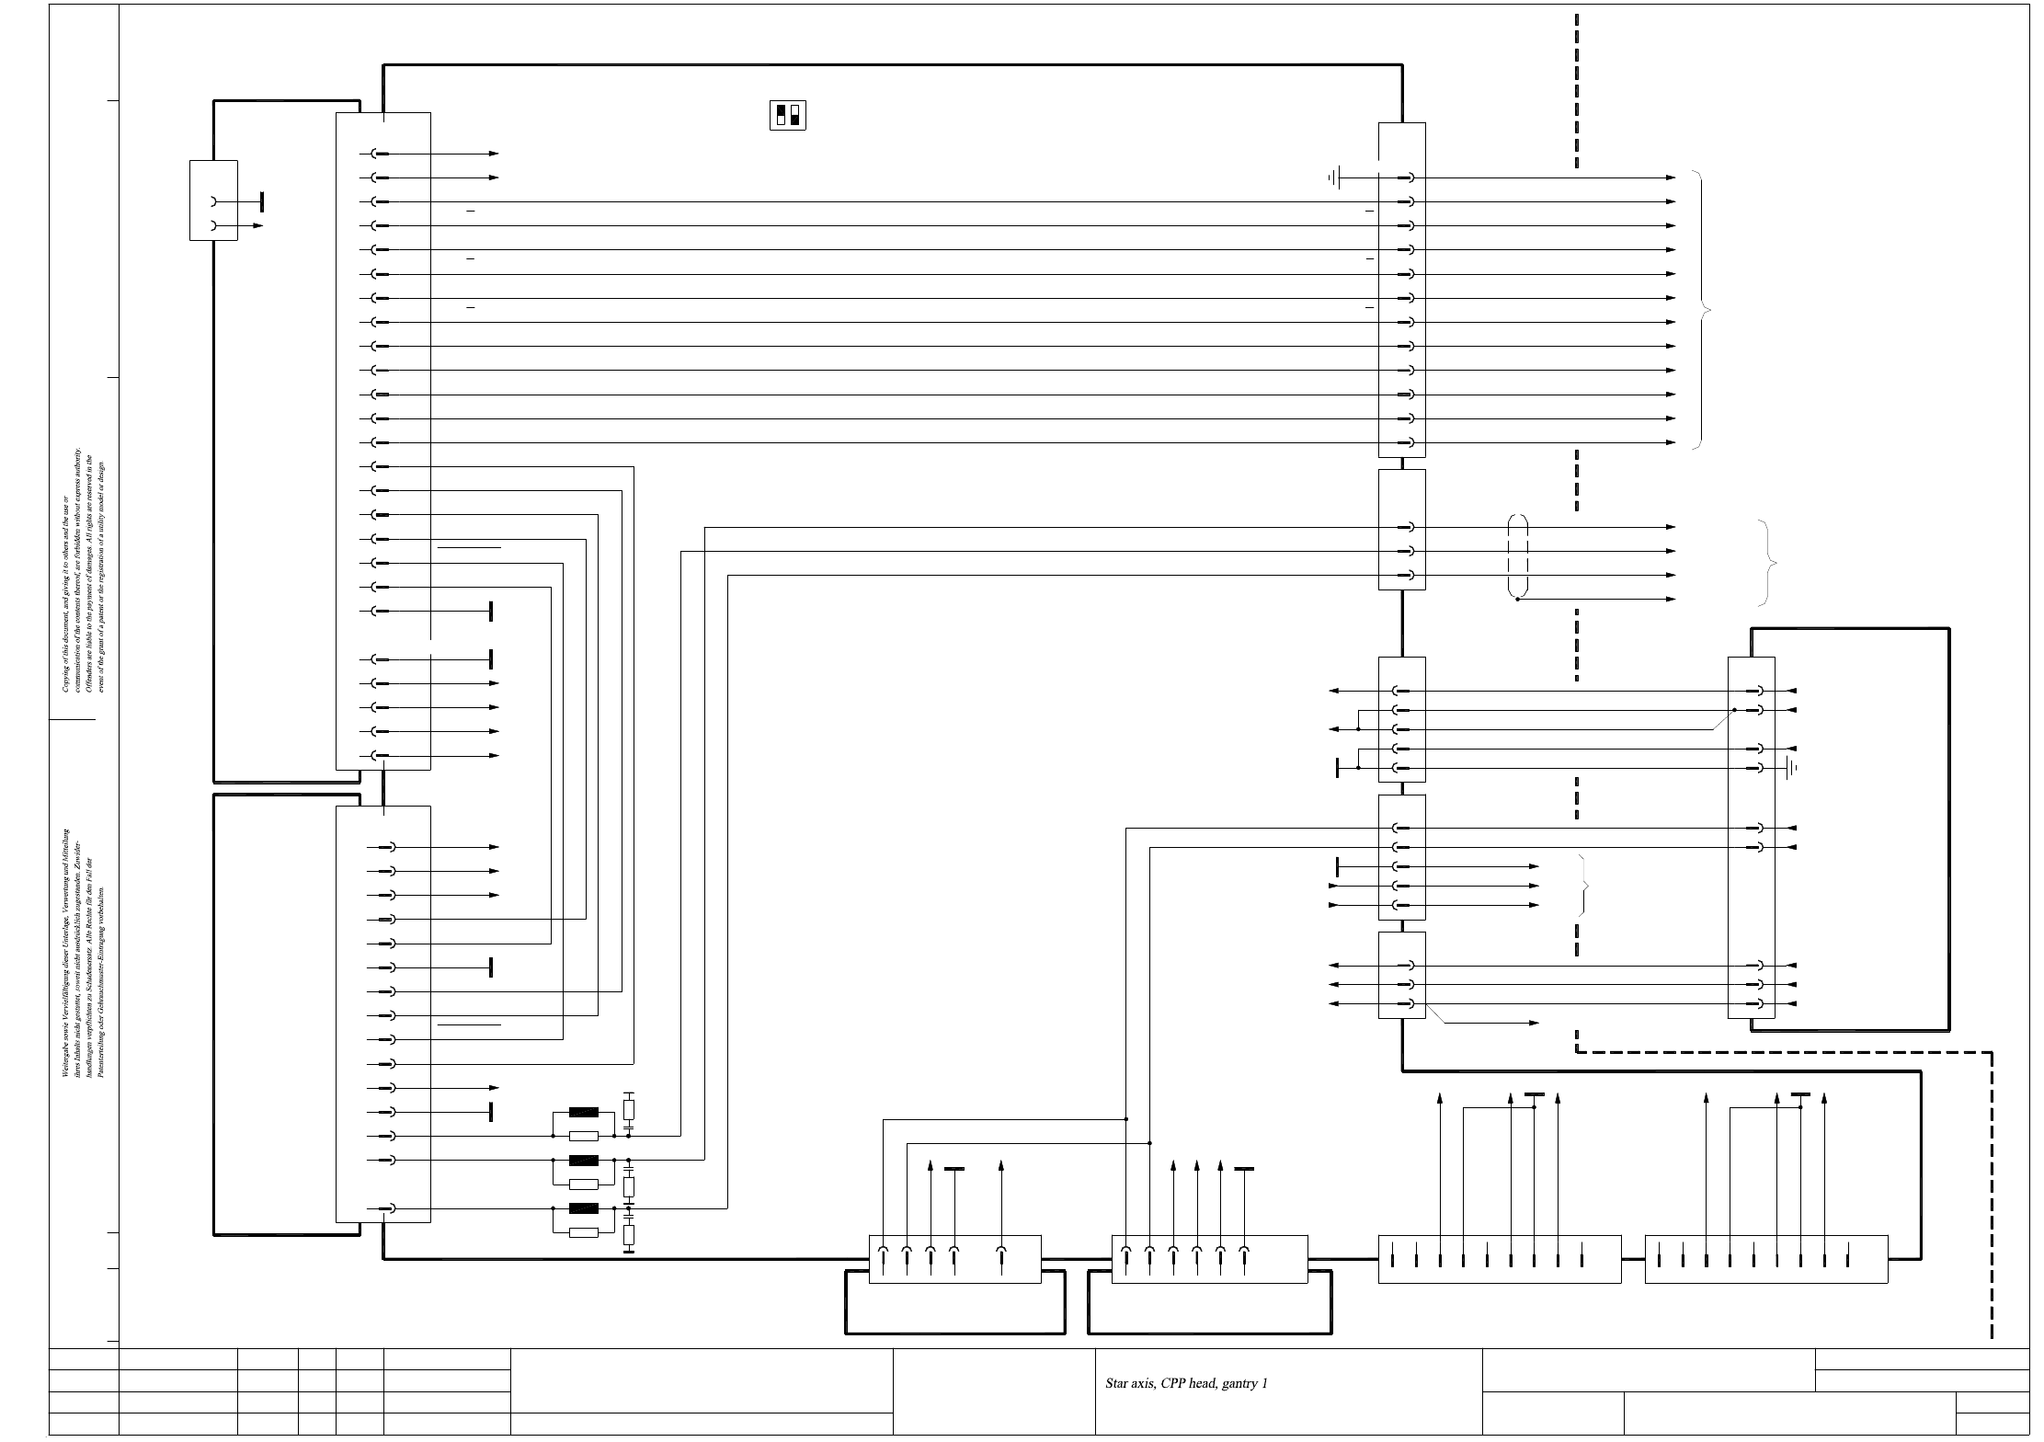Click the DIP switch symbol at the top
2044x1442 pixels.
[787, 115]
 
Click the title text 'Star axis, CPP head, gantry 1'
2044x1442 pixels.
[1186, 1383]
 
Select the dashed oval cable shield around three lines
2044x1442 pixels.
[1518, 556]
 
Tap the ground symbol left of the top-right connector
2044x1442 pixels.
[1336, 177]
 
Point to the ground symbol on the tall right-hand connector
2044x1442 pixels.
[1790, 768]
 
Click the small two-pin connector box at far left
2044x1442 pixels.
[213, 200]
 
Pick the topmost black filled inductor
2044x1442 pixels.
[584, 1112]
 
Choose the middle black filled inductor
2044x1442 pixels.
[584, 1160]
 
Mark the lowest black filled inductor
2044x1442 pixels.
[584, 1208]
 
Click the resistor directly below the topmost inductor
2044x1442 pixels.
[584, 1137]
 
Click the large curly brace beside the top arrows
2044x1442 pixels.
[1704, 311]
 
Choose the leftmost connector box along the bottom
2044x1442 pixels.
[954, 1258]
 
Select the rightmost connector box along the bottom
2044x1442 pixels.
[1765, 1258]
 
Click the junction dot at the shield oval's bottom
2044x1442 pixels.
[1518, 600]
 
